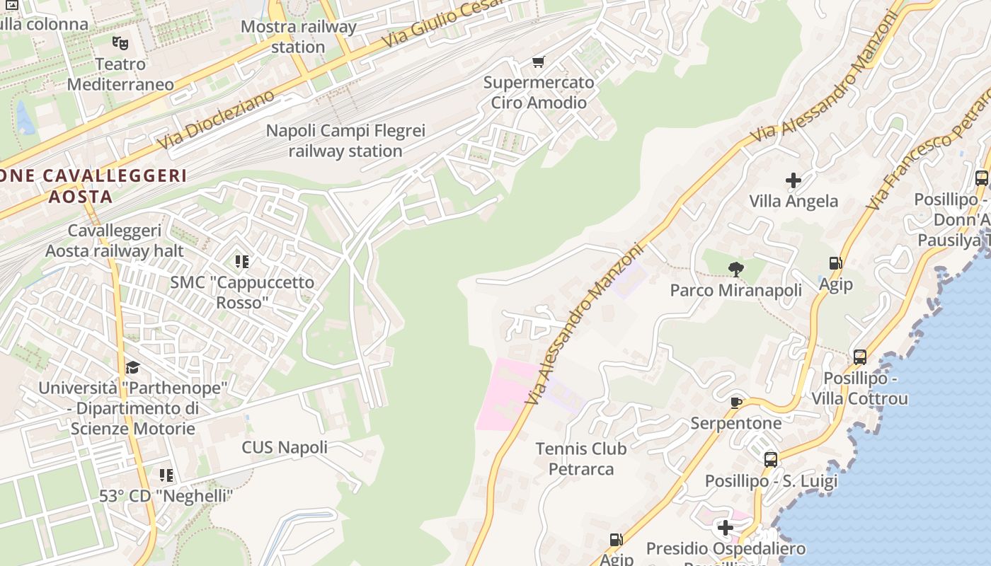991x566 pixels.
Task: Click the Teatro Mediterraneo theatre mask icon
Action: tap(120, 43)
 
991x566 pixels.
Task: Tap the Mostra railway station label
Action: tap(298, 37)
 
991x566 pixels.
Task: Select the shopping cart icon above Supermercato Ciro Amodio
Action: tap(539, 62)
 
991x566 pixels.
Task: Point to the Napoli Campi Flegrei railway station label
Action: tap(345, 141)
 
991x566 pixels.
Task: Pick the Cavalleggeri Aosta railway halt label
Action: tap(115, 241)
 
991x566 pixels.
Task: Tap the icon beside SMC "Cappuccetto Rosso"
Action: tap(242, 262)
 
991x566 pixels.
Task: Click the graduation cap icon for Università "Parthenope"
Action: tap(132, 367)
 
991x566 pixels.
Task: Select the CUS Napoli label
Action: tap(285, 447)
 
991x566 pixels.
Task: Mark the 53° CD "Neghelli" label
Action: tap(166, 496)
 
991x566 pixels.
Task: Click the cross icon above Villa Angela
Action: tap(794, 180)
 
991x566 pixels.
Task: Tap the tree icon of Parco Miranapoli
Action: tap(736, 269)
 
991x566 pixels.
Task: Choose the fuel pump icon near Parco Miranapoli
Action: tap(835, 263)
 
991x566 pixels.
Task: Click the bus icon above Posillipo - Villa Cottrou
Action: tap(859, 357)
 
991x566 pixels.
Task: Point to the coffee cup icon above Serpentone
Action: tap(736, 403)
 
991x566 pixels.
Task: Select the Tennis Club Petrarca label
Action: tap(581, 458)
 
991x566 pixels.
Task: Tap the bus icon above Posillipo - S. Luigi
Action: tap(771, 460)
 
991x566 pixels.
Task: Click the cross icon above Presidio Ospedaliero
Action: tap(726, 527)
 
